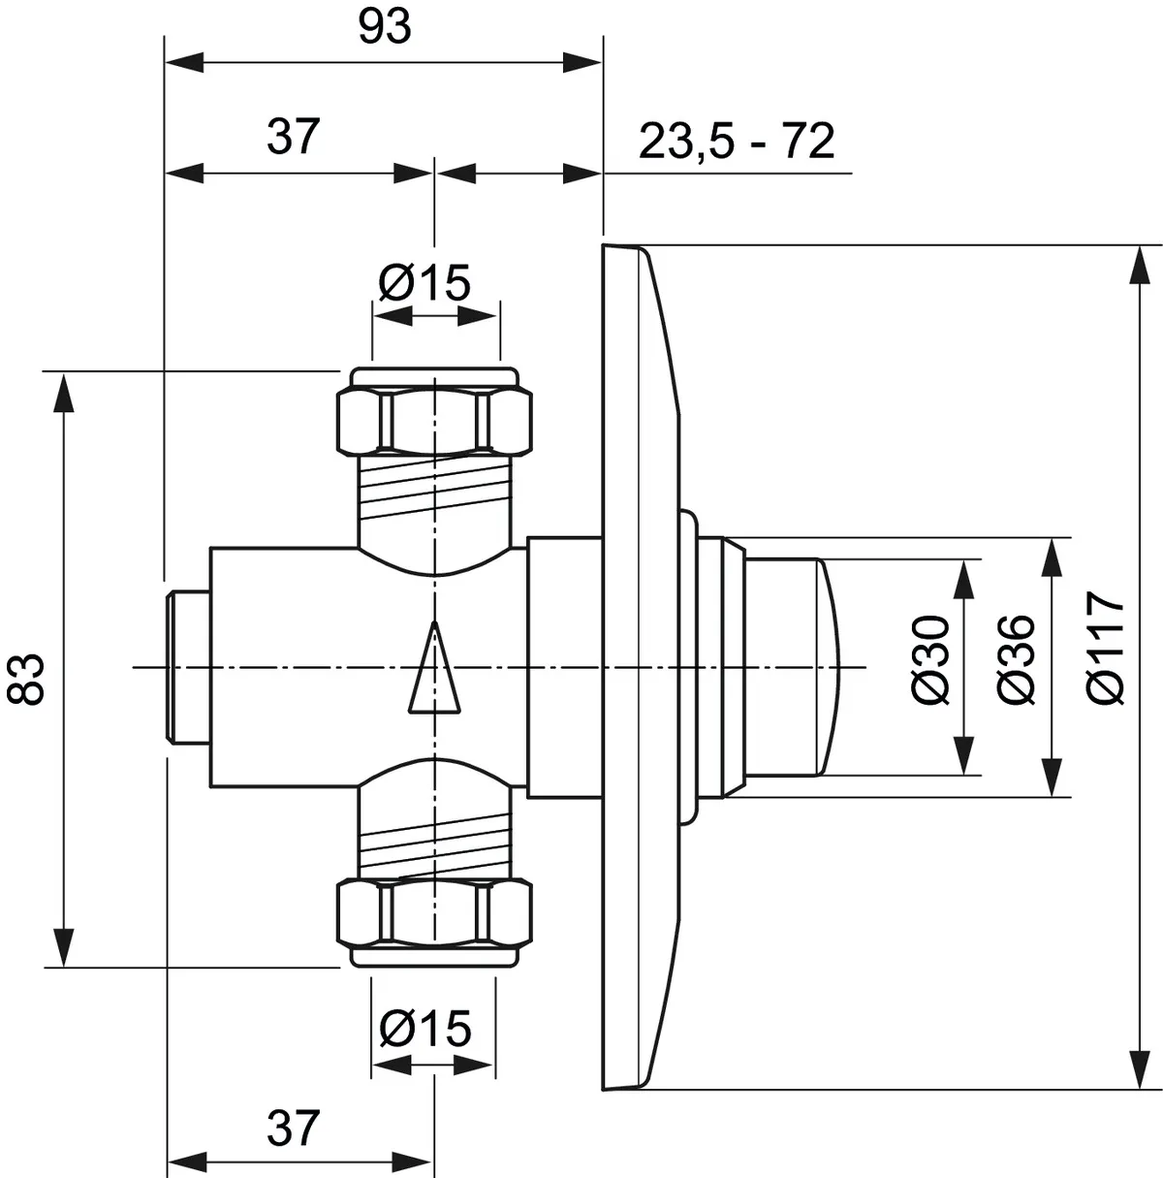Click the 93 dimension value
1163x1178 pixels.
point(385,29)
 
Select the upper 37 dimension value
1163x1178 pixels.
point(293,137)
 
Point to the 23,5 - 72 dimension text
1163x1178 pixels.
point(737,143)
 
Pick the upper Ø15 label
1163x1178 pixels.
point(424,283)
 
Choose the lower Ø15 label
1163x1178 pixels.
point(425,1028)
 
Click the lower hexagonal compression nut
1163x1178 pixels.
point(434,914)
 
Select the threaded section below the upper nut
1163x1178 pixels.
point(434,490)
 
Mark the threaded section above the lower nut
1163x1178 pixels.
point(434,844)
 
